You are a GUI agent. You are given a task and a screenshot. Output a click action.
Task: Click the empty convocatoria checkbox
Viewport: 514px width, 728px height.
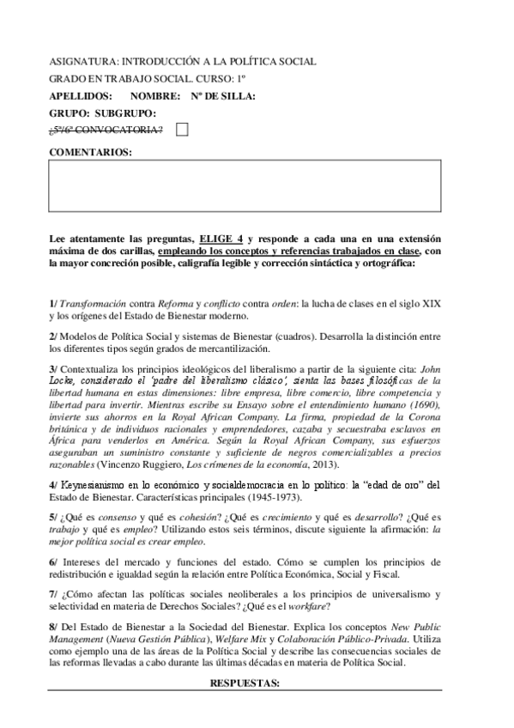(x=182, y=129)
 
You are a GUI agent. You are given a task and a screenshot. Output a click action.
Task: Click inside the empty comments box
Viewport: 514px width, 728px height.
(x=245, y=185)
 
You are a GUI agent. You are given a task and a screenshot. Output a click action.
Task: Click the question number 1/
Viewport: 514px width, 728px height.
(x=53, y=304)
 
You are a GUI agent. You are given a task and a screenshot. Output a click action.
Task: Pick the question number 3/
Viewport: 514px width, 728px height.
(x=53, y=368)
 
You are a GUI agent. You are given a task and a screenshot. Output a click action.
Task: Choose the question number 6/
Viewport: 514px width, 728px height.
(x=53, y=561)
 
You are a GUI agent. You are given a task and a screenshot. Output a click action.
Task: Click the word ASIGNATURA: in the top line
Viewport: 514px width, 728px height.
(x=82, y=62)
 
